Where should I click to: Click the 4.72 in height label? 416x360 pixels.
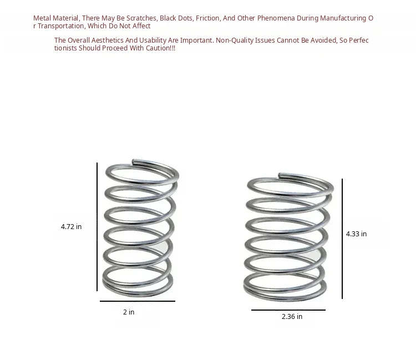click(71, 226)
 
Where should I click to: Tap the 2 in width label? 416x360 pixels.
click(129, 312)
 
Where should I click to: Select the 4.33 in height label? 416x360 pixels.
click(356, 234)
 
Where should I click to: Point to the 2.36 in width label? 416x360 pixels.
click(292, 317)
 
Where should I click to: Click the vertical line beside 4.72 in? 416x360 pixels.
click(97, 227)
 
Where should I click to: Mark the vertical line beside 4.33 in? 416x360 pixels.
click(342, 239)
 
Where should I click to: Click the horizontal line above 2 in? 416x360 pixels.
click(138, 301)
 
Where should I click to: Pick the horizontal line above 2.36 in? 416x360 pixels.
click(288, 310)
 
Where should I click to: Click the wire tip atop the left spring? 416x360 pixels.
click(133, 161)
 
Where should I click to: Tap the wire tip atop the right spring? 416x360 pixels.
click(280, 175)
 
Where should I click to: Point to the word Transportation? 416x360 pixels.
click(61, 26)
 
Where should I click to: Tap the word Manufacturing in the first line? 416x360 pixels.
click(343, 18)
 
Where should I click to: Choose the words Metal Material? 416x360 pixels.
click(56, 18)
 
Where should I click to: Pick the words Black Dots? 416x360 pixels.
click(176, 18)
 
